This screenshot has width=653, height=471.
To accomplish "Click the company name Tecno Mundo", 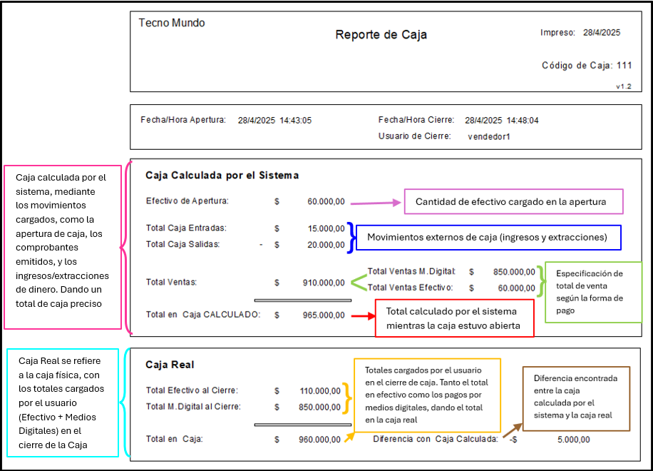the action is click(x=172, y=23).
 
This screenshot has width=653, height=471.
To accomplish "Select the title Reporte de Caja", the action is click(x=381, y=34).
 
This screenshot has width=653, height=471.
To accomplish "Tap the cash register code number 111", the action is click(x=624, y=66).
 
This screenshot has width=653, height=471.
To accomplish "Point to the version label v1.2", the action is click(x=624, y=86).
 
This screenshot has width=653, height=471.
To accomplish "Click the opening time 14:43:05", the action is click(x=295, y=121).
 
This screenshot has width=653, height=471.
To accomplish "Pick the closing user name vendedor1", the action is click(x=489, y=136).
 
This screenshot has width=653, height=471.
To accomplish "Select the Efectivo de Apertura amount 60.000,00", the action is click(x=326, y=202).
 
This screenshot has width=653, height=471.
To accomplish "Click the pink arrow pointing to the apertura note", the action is click(x=375, y=203).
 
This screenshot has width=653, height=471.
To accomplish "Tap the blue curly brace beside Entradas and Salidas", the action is click(x=351, y=238).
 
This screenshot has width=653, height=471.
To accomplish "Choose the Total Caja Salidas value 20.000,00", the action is click(x=326, y=245).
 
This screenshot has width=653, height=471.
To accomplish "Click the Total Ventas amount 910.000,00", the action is click(x=324, y=283).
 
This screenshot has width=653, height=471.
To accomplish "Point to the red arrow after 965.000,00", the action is click(x=363, y=316).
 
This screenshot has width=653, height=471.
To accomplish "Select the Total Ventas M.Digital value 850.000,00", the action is click(x=514, y=272).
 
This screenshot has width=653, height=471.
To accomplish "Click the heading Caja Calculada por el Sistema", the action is click(x=222, y=176).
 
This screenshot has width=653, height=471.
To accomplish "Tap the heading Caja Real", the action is click(x=170, y=365).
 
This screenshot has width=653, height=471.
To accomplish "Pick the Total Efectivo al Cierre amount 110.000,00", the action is click(x=320, y=391).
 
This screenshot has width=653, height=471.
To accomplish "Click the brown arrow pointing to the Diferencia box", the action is click(x=513, y=430).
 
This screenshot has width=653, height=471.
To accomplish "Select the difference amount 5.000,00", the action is click(x=573, y=440).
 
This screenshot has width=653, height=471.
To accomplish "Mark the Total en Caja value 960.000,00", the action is click(x=319, y=440).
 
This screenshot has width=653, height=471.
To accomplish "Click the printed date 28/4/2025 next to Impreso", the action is click(x=602, y=33).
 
